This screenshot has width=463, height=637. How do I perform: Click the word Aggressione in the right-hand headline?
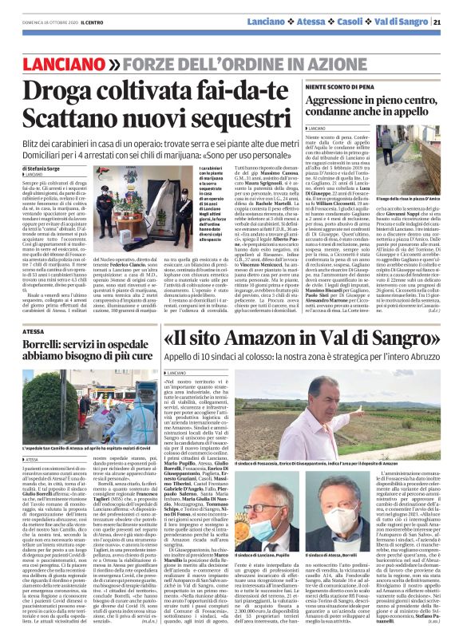coord(344,97)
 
